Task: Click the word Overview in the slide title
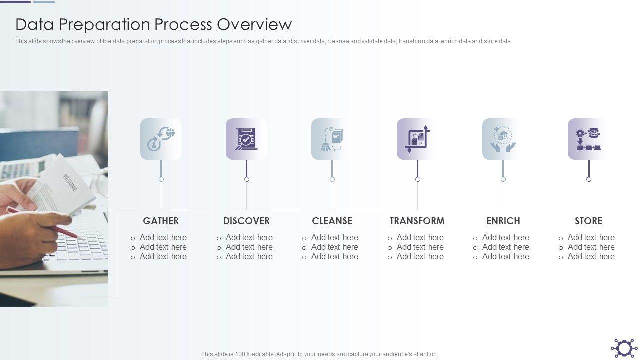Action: pyautogui.click(x=254, y=24)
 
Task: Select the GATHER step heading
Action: pyautogui.click(x=161, y=221)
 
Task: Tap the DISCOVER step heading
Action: pyautogui.click(x=246, y=221)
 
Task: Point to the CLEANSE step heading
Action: pyautogui.click(x=332, y=221)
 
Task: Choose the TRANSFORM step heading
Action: pyautogui.click(x=417, y=221)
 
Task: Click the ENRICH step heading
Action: pyautogui.click(x=503, y=221)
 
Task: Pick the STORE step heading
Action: pyautogui.click(x=589, y=221)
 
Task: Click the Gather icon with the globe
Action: pyautogui.click(x=161, y=139)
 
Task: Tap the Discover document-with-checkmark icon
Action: pyautogui.click(x=246, y=139)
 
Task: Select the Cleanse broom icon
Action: pyautogui.click(x=332, y=139)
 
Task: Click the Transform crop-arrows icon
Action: pyautogui.click(x=417, y=139)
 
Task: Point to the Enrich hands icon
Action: pyautogui.click(x=503, y=139)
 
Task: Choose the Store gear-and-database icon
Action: pyautogui.click(x=588, y=139)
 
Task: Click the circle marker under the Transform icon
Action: pyautogui.click(x=417, y=179)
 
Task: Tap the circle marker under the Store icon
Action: pyautogui.click(x=589, y=179)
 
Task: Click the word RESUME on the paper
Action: pyautogui.click(x=70, y=183)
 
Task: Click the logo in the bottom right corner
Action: pyautogui.click(x=624, y=348)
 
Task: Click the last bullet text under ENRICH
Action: pyautogui.click(x=505, y=257)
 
